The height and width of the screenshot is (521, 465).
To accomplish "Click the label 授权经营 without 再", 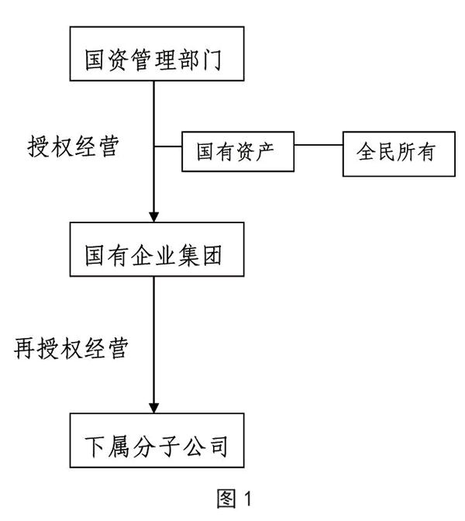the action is point(73,146).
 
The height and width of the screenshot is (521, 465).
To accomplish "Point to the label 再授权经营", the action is point(71,348).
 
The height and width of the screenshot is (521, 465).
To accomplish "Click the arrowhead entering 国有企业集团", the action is point(153,217).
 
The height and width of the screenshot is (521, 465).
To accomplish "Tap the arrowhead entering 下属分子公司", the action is point(153,408).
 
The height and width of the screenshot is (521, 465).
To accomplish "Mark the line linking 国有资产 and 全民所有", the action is point(319,145).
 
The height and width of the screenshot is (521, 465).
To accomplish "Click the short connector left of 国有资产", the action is point(168,147).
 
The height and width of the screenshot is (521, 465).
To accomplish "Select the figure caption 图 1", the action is point(234,499).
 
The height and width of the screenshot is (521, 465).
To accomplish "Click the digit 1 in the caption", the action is point(248,499).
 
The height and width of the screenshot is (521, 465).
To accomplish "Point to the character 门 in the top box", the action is point(212,60).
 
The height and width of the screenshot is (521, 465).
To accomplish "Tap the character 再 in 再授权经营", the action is point(24,348).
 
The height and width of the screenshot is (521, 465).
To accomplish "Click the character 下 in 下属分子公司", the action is point(95,447).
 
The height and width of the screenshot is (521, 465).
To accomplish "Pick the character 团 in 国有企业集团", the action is point(212,255).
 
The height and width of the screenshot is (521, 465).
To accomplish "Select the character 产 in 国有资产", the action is point(264,152).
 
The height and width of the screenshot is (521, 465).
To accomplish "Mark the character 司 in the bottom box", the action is point(219,447).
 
